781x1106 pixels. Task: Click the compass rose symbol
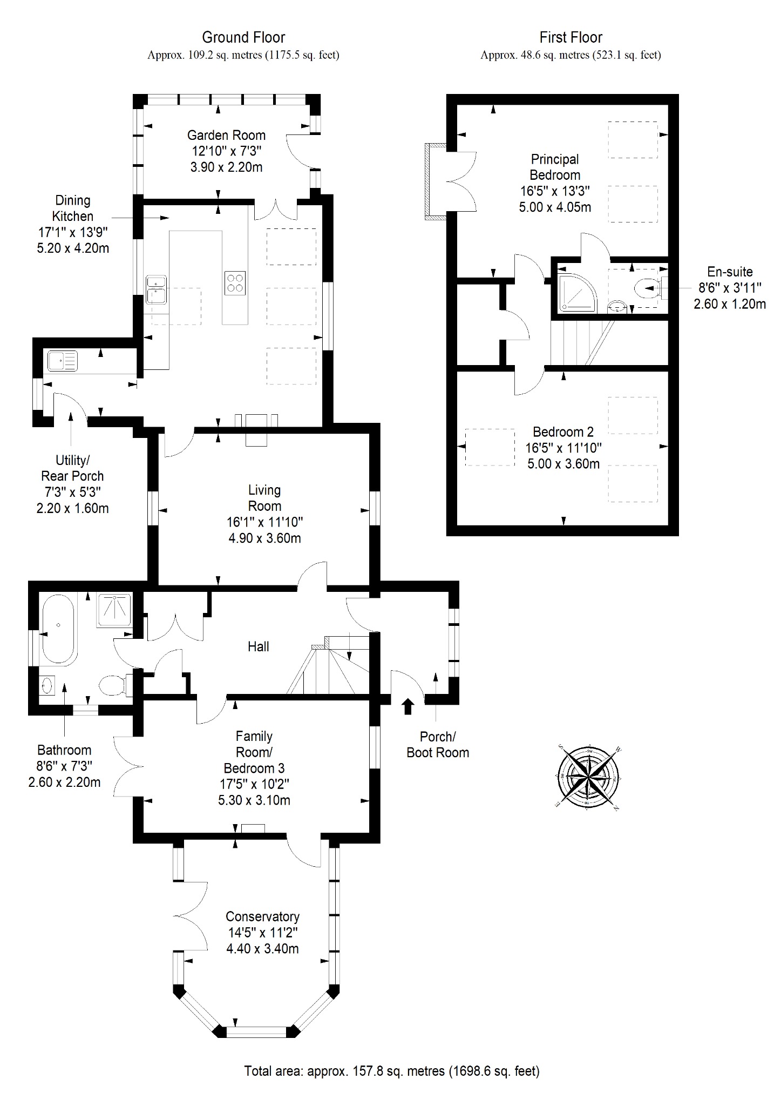[x=587, y=777]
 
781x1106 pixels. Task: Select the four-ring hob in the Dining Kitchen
[x=235, y=283]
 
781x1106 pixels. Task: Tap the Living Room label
[x=264, y=498]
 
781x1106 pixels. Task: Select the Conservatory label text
[x=262, y=916]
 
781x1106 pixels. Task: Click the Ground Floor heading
[x=243, y=37]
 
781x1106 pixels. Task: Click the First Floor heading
[x=571, y=37]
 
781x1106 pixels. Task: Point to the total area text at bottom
[x=392, y=1071]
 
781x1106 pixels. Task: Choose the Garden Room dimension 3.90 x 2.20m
[x=227, y=167]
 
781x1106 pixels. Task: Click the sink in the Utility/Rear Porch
[x=62, y=361]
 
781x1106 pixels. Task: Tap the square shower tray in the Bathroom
[x=114, y=610]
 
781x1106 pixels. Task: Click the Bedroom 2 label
[x=563, y=432]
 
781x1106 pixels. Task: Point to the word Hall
[x=259, y=646]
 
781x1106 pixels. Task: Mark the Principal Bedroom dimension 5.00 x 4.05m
[x=555, y=207]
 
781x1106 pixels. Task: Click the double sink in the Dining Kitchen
[x=156, y=289]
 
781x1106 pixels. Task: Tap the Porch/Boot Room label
[x=438, y=745]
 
